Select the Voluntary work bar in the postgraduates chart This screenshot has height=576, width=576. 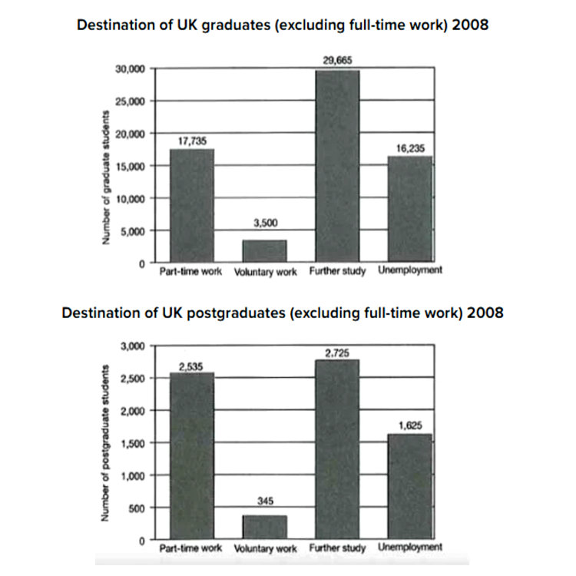point(264,528)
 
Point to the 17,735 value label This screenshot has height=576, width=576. point(191,141)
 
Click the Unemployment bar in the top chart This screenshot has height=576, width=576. point(409,209)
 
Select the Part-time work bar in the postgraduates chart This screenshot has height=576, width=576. point(191,456)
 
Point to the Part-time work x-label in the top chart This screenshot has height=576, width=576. point(190,271)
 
